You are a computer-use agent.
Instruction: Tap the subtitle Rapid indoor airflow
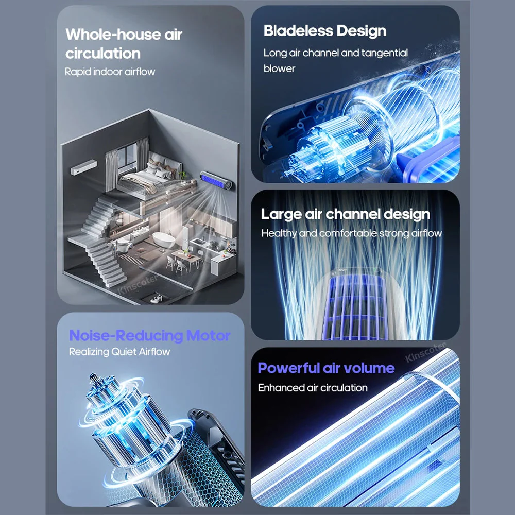110,72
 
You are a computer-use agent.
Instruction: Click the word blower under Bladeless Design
279,68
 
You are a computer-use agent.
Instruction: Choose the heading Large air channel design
345,214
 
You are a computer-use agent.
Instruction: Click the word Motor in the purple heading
208,335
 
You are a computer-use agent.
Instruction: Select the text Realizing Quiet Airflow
119,352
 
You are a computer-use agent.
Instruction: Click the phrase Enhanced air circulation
313,388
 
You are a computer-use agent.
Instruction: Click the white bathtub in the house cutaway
164,240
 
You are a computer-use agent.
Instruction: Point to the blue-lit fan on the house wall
217,181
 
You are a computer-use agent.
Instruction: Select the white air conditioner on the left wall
84,167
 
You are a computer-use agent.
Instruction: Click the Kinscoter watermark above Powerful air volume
426,352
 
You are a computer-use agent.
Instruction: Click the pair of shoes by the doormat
155,299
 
